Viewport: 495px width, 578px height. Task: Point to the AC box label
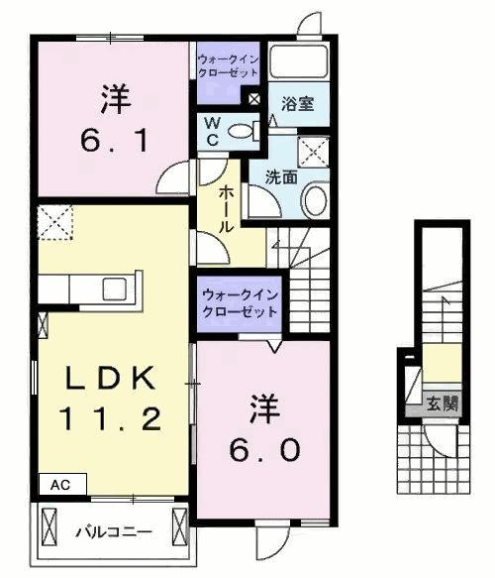tap(61, 486)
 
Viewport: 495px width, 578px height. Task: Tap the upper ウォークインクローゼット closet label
tap(228, 66)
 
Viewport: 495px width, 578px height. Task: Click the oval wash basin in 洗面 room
tap(313, 201)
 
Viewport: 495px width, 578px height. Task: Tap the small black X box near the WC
tap(254, 100)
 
